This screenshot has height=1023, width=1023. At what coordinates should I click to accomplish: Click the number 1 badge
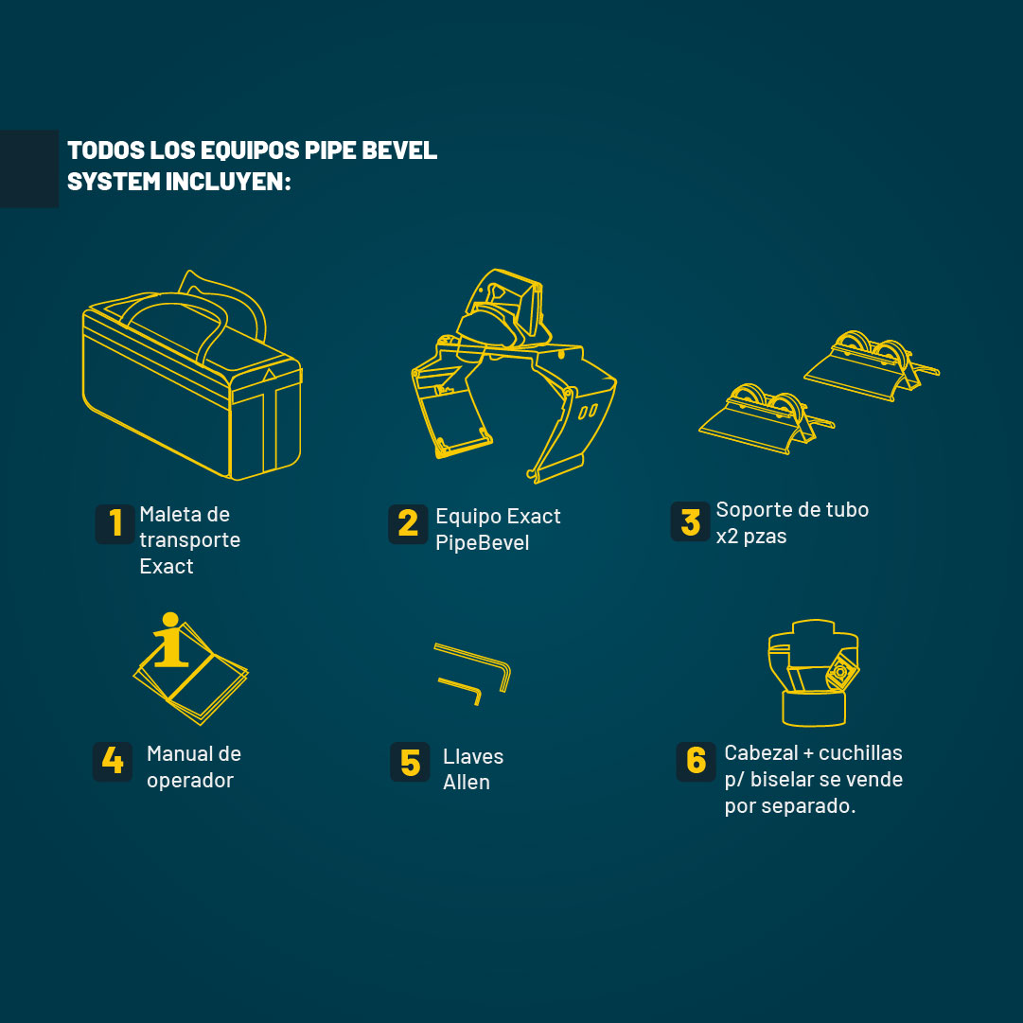tap(115, 524)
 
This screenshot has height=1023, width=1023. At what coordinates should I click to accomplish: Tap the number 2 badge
tap(409, 524)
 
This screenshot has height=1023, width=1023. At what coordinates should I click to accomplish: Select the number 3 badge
tap(690, 521)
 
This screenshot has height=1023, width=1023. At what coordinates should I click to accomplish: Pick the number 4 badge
tap(113, 762)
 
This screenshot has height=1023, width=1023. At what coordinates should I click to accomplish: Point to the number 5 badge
tap(410, 762)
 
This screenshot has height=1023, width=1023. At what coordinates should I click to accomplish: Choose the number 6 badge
tap(697, 762)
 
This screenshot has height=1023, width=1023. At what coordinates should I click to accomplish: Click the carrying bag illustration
tap(192, 375)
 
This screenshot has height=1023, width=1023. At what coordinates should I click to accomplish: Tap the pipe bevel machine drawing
tap(514, 376)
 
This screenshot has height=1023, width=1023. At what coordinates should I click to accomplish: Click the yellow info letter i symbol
tap(171, 640)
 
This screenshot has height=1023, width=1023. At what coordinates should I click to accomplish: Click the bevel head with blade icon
tap(814, 673)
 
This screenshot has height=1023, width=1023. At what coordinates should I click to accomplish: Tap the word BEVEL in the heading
tap(399, 150)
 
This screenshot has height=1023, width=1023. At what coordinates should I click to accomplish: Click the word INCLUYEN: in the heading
tap(228, 182)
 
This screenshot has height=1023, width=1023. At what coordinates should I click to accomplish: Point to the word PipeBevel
tap(482, 543)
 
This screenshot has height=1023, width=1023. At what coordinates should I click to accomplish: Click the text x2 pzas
tap(751, 537)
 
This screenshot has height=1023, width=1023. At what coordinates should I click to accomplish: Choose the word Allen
tap(466, 782)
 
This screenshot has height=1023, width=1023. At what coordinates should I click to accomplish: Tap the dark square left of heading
tap(29, 168)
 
